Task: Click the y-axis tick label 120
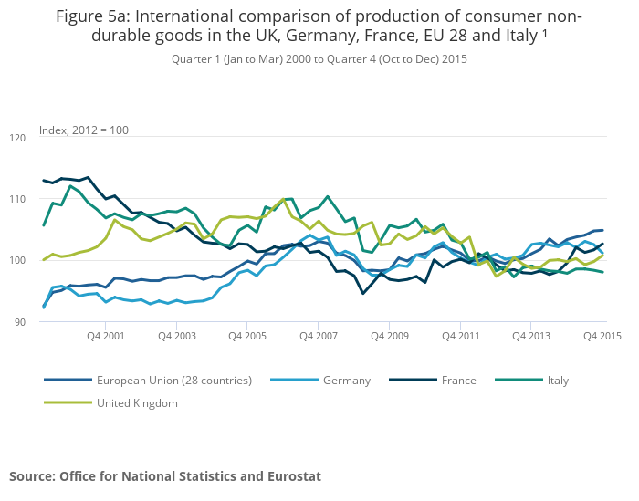click(x=17, y=138)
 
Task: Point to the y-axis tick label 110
click(x=17, y=199)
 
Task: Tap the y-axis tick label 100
click(x=17, y=261)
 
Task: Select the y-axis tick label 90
click(x=19, y=322)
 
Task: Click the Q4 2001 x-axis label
click(x=105, y=337)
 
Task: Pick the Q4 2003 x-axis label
click(x=176, y=337)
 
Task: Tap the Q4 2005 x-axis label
click(x=246, y=337)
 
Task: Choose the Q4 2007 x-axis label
click(x=318, y=337)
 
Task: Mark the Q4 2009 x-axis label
click(x=389, y=337)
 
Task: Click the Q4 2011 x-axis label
click(x=460, y=337)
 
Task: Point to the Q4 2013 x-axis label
click(x=531, y=337)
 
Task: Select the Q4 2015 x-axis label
click(x=602, y=337)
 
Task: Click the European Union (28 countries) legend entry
click(x=173, y=380)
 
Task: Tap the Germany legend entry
click(x=347, y=380)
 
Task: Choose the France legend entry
click(x=458, y=380)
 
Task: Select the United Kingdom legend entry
click(x=137, y=402)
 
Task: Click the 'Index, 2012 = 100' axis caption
click(x=84, y=130)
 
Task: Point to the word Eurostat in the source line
click(x=288, y=476)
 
